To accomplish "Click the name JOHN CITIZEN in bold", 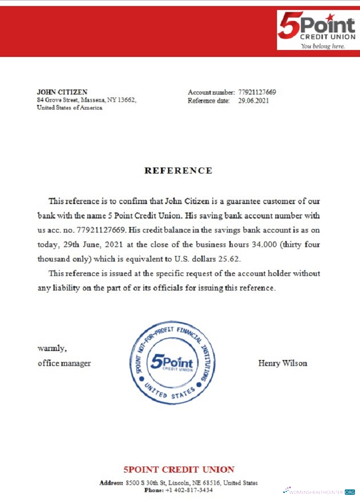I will coord(62,92).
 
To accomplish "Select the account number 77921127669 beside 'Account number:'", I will coord(257,92).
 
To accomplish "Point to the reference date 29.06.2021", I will coord(253,100).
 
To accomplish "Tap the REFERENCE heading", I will coord(178,170).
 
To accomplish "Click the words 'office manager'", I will coord(64,363).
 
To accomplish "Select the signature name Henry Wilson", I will coord(282,363).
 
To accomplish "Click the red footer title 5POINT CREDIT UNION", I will coord(179,469).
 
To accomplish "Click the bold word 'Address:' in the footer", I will coord(111,483).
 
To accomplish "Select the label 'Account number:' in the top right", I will coord(211,92).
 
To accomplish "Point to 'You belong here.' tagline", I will coord(322,46).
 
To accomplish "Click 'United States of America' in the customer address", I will coord(69,108).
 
